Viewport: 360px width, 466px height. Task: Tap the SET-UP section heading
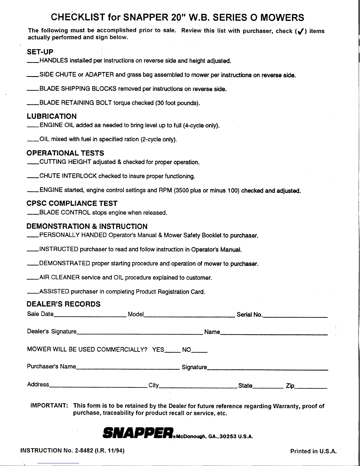click(x=40, y=52)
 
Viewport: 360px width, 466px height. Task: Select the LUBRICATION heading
click(x=51, y=116)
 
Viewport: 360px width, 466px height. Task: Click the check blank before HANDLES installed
click(x=33, y=61)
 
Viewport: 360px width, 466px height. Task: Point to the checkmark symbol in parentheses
click(x=300, y=31)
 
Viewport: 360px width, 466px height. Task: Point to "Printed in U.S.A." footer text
click(x=313, y=451)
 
